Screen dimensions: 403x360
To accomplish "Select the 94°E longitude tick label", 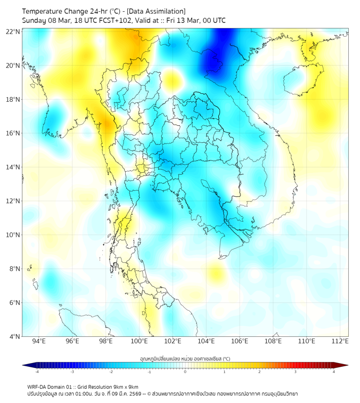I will pos(39,341).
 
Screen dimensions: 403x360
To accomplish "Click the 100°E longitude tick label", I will pos(140,341).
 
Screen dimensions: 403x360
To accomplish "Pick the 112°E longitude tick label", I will pos(340,341).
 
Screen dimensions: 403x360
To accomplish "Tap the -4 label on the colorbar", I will pos(36,372).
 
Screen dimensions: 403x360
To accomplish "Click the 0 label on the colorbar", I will pos(185,372).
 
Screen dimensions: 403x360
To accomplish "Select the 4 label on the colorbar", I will pos(334,372).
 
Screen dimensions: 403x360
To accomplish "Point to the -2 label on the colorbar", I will pos(110,372).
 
